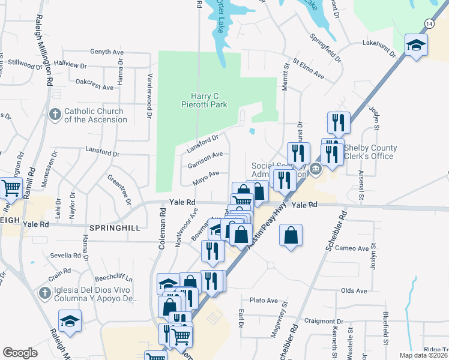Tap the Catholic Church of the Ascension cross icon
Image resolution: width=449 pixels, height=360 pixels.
(x=55, y=115)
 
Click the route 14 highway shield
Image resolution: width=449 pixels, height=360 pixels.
(x=428, y=23)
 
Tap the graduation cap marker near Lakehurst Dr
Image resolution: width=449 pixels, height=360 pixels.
(x=415, y=46)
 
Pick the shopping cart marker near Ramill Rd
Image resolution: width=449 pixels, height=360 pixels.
(x=11, y=188)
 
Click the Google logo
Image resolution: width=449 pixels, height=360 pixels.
(x=20, y=353)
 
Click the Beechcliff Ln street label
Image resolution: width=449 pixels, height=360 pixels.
(x=114, y=279)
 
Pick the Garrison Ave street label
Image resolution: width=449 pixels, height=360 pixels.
(x=206, y=160)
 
